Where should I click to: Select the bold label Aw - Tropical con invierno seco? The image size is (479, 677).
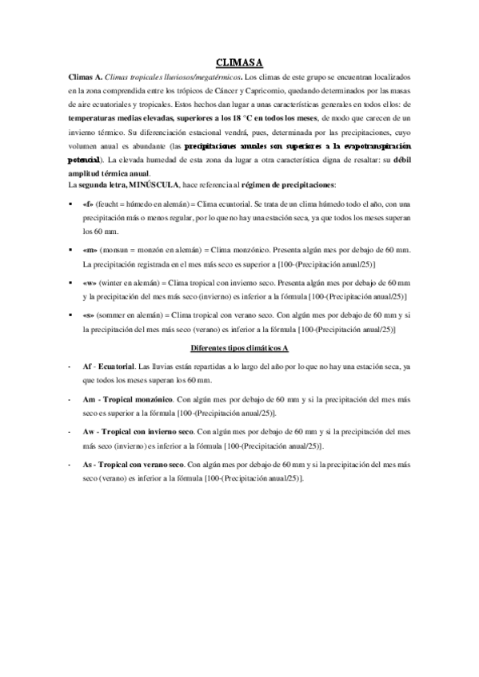pyautogui.click(x=138, y=431)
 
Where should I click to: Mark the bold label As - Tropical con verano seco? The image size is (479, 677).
pyautogui.click(x=133, y=464)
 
